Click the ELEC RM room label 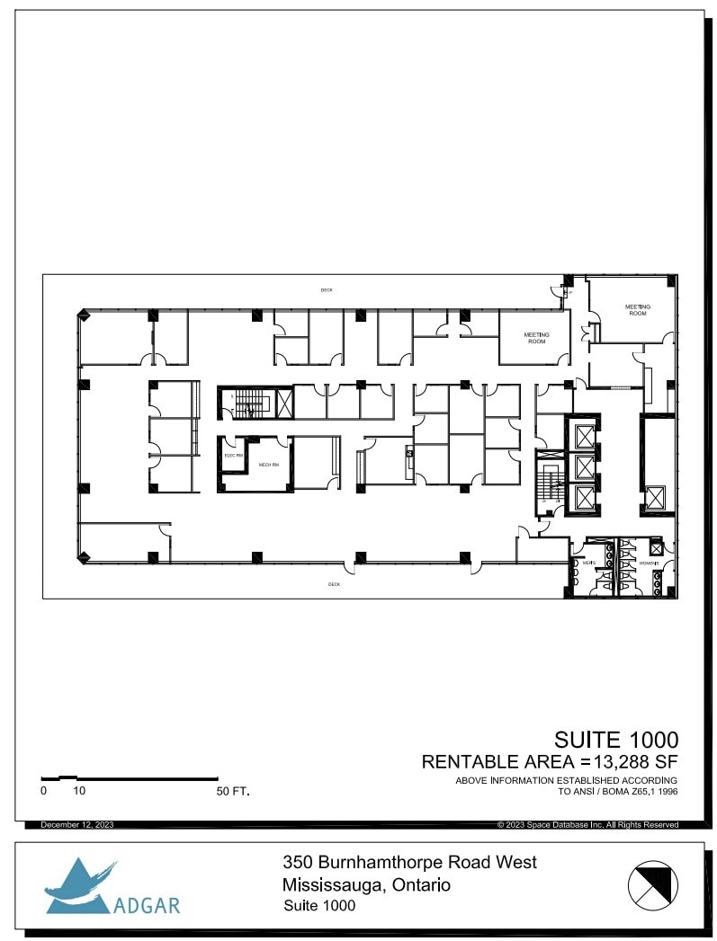click(232, 456)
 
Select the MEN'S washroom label click(589, 564)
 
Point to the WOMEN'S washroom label click(650, 564)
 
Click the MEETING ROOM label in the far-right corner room click(637, 310)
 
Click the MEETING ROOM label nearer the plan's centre click(536, 338)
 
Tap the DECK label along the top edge click(327, 289)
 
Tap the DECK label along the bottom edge click(334, 584)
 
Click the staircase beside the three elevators click(547, 485)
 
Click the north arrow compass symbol click(652, 883)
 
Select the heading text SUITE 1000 click(615, 740)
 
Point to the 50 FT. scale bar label click(232, 792)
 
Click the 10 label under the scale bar click(79, 792)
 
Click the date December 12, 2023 click(76, 824)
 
